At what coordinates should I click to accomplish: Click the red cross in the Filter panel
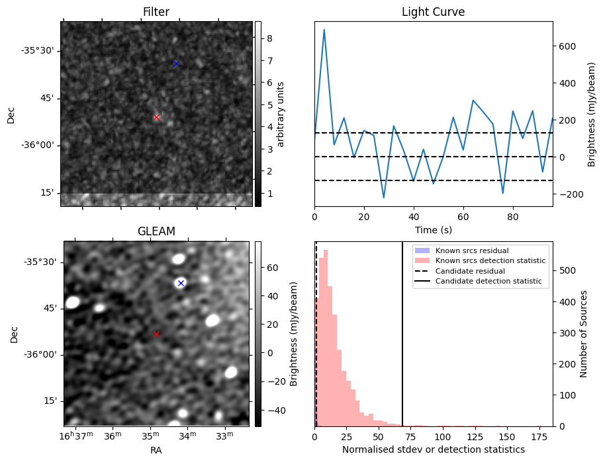pos(156,117)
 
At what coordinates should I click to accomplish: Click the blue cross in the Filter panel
pos(176,63)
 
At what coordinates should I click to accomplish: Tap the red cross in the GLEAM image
pos(156,334)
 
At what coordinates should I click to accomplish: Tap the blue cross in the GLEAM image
pos(180,283)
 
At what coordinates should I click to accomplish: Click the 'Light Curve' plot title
pos(433,12)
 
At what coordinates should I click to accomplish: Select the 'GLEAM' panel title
pos(156,231)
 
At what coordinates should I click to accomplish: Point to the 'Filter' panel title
pos(156,12)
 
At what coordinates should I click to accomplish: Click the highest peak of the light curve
pos(324,30)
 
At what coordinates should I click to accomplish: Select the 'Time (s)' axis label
pos(433,229)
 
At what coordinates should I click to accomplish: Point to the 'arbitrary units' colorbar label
pos(281,114)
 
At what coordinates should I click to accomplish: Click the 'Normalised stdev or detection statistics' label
pos(433,449)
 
